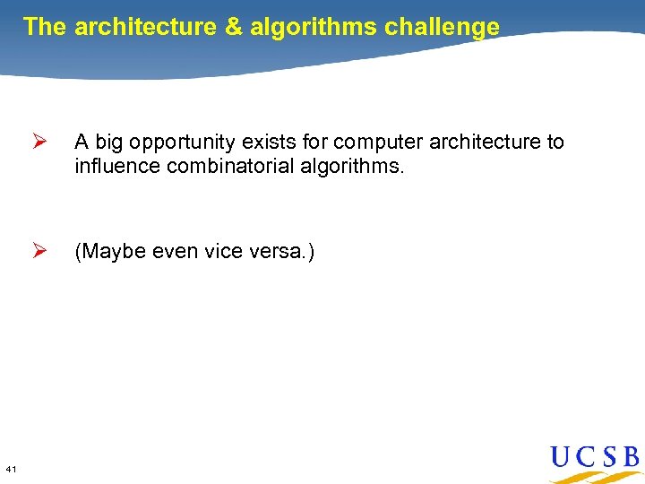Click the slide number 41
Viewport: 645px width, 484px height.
12,469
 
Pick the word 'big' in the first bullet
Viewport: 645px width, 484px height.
107,143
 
